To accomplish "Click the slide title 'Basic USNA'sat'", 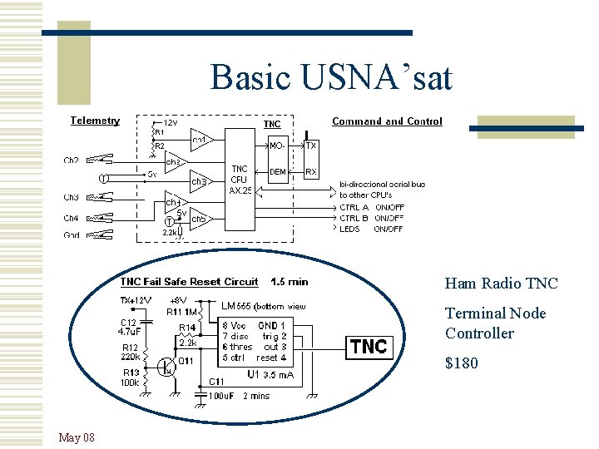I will pyautogui.click(x=331, y=77).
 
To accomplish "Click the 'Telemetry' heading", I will pyautogui.click(x=95, y=121).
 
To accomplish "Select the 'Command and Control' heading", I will pyautogui.click(x=387, y=121).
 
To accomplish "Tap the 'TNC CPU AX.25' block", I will pyautogui.click(x=240, y=180).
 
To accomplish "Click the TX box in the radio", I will pyautogui.click(x=311, y=146).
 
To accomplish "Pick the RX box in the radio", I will pyautogui.click(x=311, y=172).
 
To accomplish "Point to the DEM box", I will pyautogui.click(x=279, y=172).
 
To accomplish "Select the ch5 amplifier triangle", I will pyautogui.click(x=199, y=220).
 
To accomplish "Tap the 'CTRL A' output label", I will pyautogui.click(x=354, y=207).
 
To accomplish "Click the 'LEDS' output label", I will pyautogui.click(x=350, y=229).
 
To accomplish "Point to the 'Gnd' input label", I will pyautogui.click(x=72, y=236).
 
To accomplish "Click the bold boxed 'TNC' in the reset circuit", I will pyautogui.click(x=369, y=346).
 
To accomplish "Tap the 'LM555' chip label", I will pyautogui.click(x=238, y=306).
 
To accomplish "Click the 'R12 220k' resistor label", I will pyautogui.click(x=130, y=352).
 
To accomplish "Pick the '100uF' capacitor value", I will pyautogui.click(x=221, y=396).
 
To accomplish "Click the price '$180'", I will pyautogui.click(x=462, y=363).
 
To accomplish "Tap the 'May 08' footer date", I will pyautogui.click(x=77, y=437).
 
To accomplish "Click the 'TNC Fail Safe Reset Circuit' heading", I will pyautogui.click(x=190, y=282).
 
